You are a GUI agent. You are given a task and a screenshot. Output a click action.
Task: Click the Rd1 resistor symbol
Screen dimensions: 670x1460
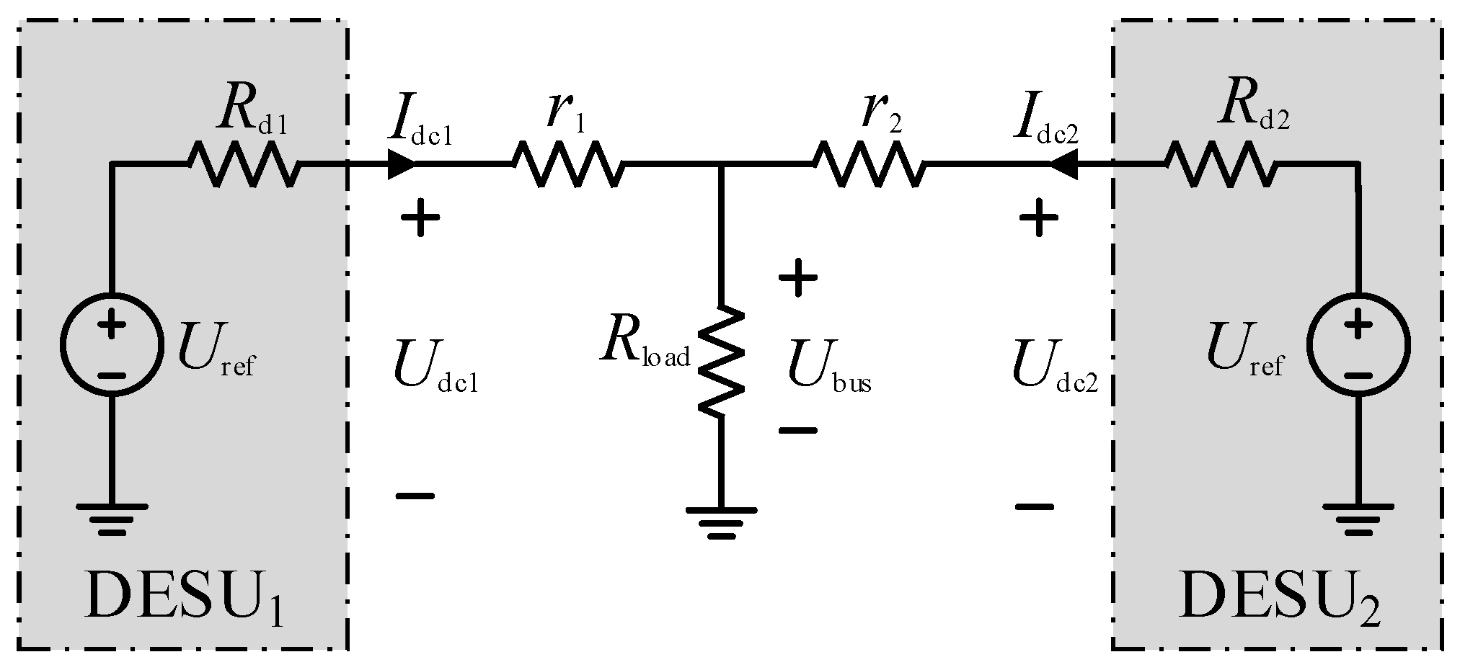point(244,164)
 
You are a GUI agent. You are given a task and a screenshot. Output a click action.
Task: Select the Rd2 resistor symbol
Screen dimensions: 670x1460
point(1220,164)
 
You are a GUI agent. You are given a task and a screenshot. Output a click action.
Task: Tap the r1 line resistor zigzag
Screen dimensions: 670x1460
point(568,164)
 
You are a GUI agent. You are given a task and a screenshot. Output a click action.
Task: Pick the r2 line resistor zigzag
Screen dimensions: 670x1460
point(869,164)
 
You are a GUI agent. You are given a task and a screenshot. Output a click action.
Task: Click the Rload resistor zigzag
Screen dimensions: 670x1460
point(720,360)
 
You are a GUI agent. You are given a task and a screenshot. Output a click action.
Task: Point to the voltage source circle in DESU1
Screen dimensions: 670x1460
point(110,344)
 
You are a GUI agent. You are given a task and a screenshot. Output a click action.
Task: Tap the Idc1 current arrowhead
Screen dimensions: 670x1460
point(401,164)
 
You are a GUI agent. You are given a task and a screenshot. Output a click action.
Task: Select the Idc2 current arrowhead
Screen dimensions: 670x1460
point(1063,164)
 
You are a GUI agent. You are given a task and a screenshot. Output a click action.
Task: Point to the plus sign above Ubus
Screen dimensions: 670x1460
point(797,278)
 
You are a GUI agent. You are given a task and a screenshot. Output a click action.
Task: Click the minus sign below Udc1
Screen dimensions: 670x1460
point(415,496)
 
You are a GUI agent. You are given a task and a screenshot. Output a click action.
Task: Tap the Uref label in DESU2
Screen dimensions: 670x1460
point(1244,350)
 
